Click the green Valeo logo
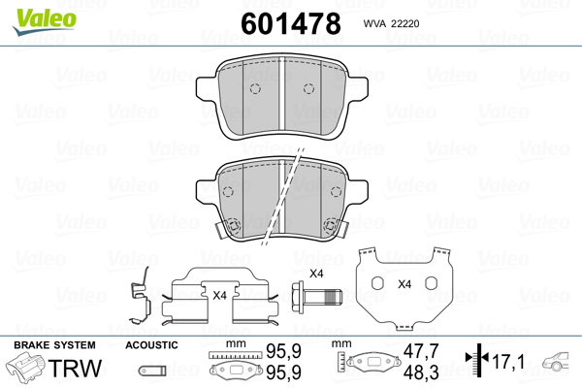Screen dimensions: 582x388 [x=45, y=21]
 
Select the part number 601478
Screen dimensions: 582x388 [x=291, y=23]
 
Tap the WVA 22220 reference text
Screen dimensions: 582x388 [x=391, y=23]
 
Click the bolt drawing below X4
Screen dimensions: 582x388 [x=316, y=297]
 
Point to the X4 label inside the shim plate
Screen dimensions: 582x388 [x=404, y=284]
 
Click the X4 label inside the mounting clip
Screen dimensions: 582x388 [x=220, y=296]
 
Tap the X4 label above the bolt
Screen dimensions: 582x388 [x=316, y=274]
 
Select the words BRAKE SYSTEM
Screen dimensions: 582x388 [x=54, y=345]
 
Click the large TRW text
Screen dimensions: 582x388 [x=75, y=368]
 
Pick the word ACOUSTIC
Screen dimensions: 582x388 [x=151, y=345]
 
